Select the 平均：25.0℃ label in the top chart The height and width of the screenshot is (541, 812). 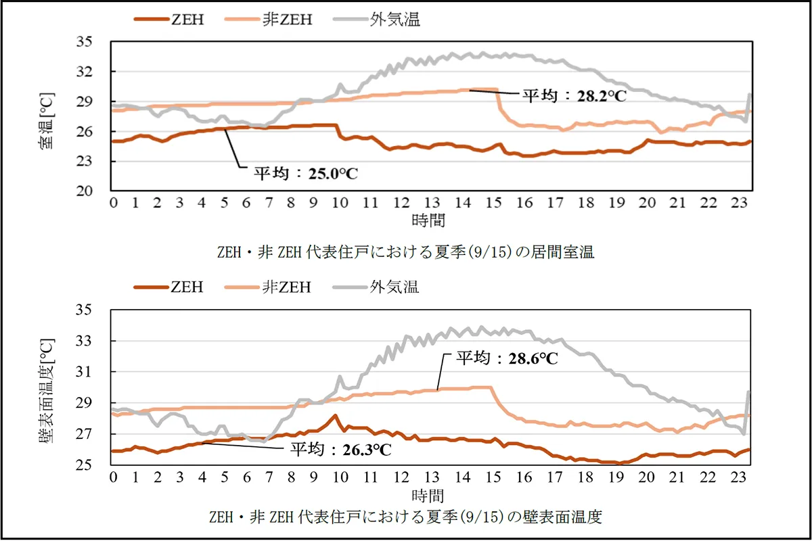pos(306,173)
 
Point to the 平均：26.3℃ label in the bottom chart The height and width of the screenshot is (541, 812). pos(342,448)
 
